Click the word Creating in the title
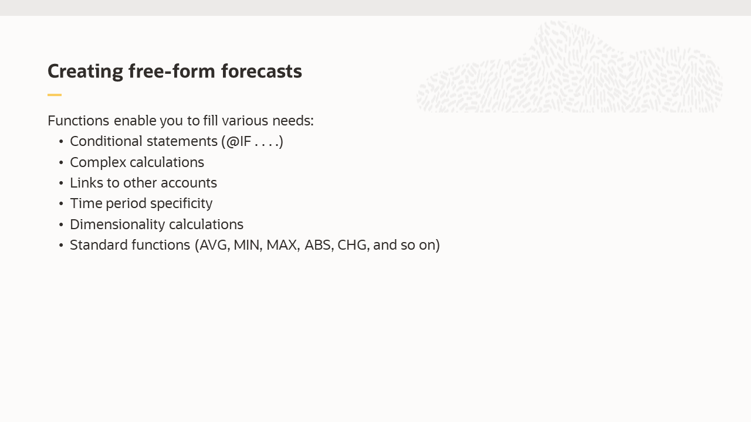(85, 72)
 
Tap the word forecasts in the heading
(261, 72)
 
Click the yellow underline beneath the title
(55, 94)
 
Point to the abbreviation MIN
(247, 245)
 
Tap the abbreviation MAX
(282, 245)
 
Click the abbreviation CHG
(353, 245)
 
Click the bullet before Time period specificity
(61, 204)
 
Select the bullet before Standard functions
(61, 246)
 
